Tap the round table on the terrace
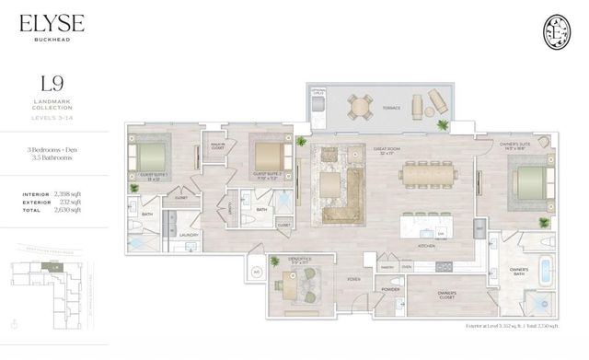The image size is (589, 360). [357, 105]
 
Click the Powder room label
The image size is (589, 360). [389, 288]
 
